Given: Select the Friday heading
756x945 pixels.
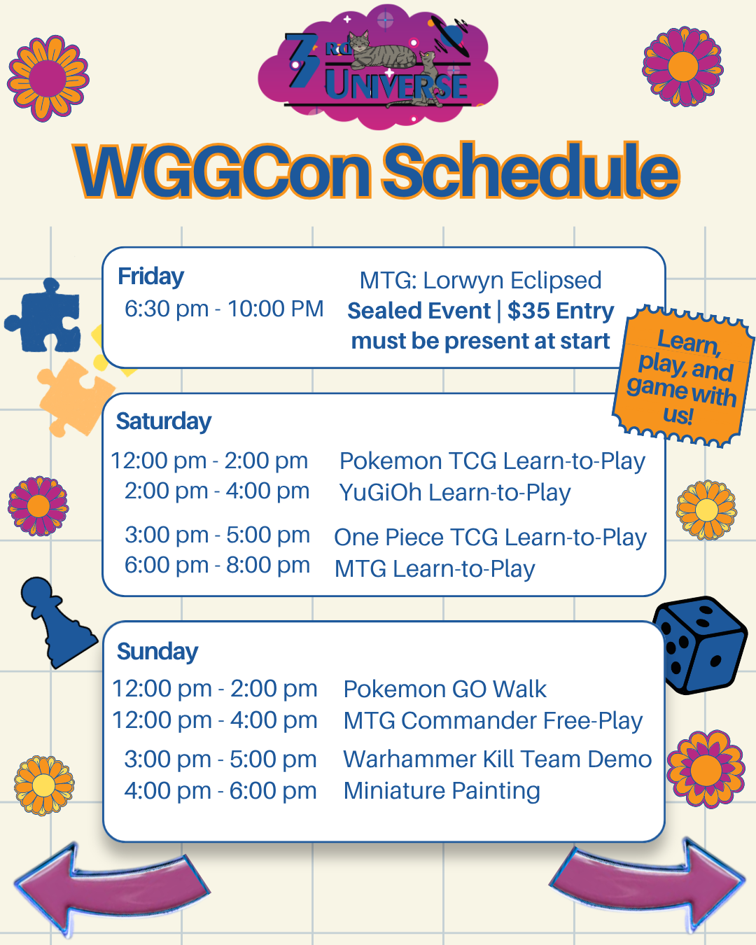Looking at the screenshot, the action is [150, 277].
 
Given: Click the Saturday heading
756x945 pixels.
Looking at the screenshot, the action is [163, 422].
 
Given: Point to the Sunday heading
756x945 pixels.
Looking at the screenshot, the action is [157, 652].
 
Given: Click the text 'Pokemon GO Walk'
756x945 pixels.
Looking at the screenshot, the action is [444, 689].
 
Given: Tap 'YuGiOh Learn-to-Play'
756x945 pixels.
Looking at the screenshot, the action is [455, 493].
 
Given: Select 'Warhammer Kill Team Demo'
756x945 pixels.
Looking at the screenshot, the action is [497, 759].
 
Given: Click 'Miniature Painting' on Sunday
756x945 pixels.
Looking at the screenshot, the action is [442, 791].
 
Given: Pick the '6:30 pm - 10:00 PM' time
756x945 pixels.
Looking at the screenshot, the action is [224, 309].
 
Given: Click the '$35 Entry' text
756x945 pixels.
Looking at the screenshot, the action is [561, 311].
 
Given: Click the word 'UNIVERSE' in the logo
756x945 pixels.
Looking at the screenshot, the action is [396, 84].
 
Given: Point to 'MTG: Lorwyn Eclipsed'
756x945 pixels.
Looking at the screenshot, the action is [481, 281].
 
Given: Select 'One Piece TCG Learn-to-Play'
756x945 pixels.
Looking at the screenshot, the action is [490, 538].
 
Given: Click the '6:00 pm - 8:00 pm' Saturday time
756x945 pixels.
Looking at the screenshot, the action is [217, 565].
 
